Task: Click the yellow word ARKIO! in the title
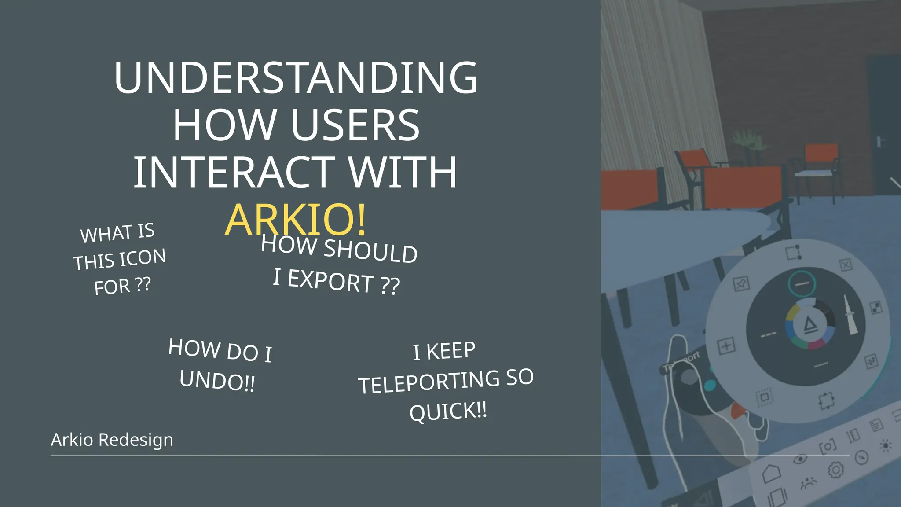click(x=295, y=220)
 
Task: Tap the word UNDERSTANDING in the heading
click(x=296, y=78)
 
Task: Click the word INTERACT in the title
click(x=234, y=173)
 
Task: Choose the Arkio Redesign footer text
click(x=112, y=440)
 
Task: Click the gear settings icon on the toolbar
click(x=835, y=470)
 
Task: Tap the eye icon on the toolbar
click(x=800, y=459)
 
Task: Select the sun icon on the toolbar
click(x=886, y=446)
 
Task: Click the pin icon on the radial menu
click(x=741, y=284)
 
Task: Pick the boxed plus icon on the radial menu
click(x=726, y=346)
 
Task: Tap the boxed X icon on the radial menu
click(x=846, y=265)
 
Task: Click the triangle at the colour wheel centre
click(x=810, y=325)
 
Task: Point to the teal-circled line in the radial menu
click(x=802, y=284)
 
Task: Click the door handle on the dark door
click(x=879, y=142)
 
